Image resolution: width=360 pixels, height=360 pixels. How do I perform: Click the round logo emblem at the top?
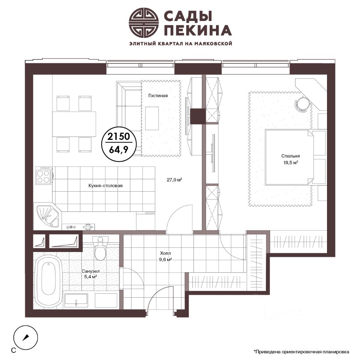pos(144,22)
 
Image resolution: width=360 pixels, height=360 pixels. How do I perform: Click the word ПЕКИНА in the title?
pos(198,30)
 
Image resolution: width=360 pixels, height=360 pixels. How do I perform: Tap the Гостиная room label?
pos(158,96)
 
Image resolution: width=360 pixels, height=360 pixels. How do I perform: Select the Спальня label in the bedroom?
pos(290,156)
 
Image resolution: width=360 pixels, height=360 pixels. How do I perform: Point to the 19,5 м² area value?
pos(291,163)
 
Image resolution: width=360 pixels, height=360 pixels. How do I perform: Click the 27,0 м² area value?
pos(174,180)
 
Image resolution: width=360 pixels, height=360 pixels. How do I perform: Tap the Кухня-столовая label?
pos(105,186)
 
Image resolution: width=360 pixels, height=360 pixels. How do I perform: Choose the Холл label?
pos(165,253)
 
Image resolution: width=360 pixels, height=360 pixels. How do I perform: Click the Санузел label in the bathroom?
pos(90,271)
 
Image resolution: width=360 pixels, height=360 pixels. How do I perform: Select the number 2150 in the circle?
pos(119,136)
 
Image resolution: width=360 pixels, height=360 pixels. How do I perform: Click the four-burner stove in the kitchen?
pos(43,175)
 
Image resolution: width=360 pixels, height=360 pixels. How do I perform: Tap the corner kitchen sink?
pos(47,216)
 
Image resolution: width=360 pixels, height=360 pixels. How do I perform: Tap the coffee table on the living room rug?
pos(152,118)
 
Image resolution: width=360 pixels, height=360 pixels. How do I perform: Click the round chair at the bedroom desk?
pos(302,103)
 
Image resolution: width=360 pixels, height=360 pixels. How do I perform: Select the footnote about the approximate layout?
pos(301,351)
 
